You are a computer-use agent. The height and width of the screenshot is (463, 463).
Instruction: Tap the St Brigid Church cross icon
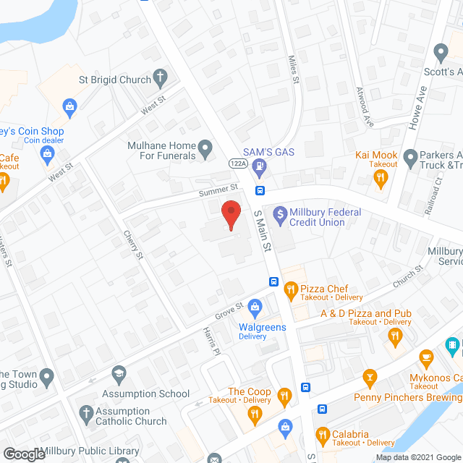[159, 78]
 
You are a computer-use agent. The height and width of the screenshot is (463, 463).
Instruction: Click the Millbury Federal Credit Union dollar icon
[279, 215]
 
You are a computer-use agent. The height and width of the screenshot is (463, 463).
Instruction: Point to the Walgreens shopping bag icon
[255, 309]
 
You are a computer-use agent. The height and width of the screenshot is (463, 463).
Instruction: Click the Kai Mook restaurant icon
[383, 178]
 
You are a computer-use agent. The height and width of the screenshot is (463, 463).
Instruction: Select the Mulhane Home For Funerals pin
[205, 150]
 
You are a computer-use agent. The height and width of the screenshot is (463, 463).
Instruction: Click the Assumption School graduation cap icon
[118, 375]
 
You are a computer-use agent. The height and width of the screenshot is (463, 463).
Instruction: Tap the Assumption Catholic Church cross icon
[83, 413]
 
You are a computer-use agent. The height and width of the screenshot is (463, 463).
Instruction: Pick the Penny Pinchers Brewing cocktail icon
[370, 377]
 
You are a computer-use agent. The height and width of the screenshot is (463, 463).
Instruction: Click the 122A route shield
[239, 164]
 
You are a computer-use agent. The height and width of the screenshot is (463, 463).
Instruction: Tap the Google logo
[23, 454]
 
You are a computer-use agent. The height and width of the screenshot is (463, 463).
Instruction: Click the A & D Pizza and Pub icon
[395, 335]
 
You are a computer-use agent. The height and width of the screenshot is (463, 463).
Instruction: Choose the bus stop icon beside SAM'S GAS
[260, 191]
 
